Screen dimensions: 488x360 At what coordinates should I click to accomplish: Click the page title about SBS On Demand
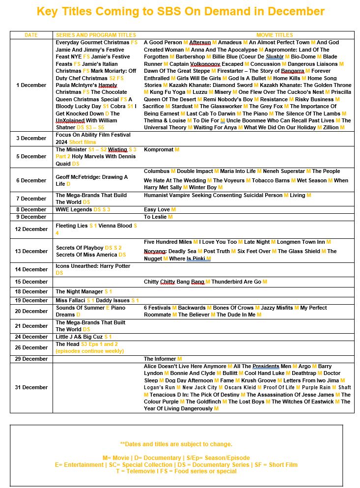pyautogui.click(x=180, y=11)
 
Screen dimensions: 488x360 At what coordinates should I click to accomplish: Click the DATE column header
pyautogui.click(x=31, y=35)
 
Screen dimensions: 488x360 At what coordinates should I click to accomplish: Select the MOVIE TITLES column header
pyautogui.click(x=275, y=35)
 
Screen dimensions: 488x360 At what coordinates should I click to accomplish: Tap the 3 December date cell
pyautogui.click(x=31, y=138)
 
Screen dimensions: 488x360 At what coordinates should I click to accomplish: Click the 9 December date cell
pyautogui.click(x=31, y=217)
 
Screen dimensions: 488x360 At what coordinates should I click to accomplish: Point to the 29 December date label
pyautogui.click(x=31, y=359)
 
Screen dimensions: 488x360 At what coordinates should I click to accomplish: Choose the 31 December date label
pyautogui.click(x=31, y=387)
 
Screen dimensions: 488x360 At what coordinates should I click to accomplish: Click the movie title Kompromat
pyautogui.click(x=159, y=149)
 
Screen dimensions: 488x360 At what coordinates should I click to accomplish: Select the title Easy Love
pyautogui.click(x=157, y=209)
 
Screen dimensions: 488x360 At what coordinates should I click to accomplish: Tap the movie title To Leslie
pyautogui.click(x=155, y=217)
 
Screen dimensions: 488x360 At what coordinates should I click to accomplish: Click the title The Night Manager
pyautogui.click(x=79, y=291)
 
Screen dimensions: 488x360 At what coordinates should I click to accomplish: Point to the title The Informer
pyautogui.click(x=160, y=359)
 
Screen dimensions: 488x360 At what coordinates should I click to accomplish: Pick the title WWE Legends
pyautogui.click(x=74, y=209)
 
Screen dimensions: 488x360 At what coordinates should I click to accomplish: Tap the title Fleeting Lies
pyautogui.click(x=71, y=226)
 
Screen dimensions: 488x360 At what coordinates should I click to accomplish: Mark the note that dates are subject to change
pyautogui.click(x=176, y=444)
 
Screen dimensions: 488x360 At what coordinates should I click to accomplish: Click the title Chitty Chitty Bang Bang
pyautogui.click(x=174, y=282)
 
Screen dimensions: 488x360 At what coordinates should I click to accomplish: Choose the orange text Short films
pyautogui.click(x=83, y=142)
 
